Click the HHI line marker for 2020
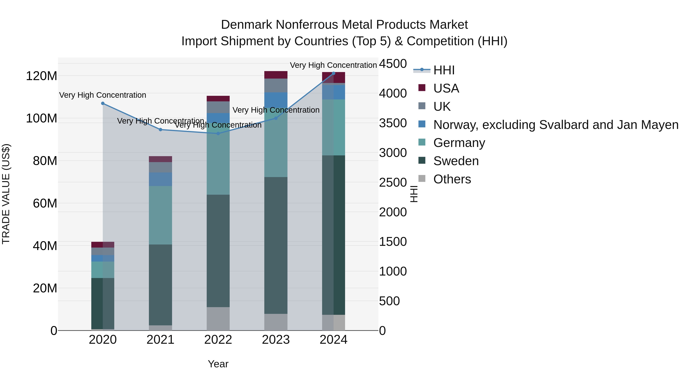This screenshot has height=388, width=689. pyautogui.click(x=103, y=103)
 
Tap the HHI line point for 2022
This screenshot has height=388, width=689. pyautogui.click(x=218, y=133)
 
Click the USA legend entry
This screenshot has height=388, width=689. pyautogui.click(x=446, y=88)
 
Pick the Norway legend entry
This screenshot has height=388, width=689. pyautogui.click(x=556, y=125)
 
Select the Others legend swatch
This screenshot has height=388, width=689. pyautogui.click(x=422, y=179)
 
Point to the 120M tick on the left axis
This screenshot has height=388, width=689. pyautogui.click(x=42, y=76)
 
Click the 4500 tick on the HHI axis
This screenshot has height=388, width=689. pyautogui.click(x=393, y=64)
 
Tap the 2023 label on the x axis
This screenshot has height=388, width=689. pyautogui.click(x=276, y=340)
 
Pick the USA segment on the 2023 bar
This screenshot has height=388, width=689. pyautogui.click(x=276, y=75)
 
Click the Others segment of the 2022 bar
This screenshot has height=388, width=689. pyautogui.click(x=218, y=319)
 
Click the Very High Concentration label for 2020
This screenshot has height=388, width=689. pyautogui.click(x=103, y=95)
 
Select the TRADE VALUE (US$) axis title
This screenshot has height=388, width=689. pyautogui.click(x=6, y=194)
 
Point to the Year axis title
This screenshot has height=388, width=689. pyautogui.click(x=218, y=364)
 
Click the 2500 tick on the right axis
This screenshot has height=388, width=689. pyautogui.click(x=393, y=183)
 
